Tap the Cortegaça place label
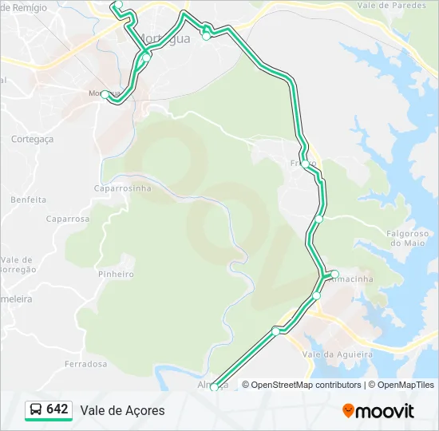32,139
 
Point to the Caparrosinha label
122,188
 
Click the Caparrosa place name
68,219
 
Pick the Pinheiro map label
115,274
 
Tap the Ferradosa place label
85,364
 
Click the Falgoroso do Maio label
406,237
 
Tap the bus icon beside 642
36,410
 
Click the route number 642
57,409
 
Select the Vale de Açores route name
122,410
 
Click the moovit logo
378,411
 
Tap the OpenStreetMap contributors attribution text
307,385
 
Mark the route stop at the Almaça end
214,388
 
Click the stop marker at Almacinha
335,275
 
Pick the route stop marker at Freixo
305,164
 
